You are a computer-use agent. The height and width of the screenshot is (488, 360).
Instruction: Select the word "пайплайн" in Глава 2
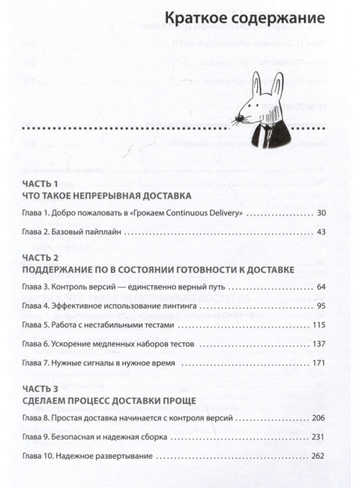pos(102,232)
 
